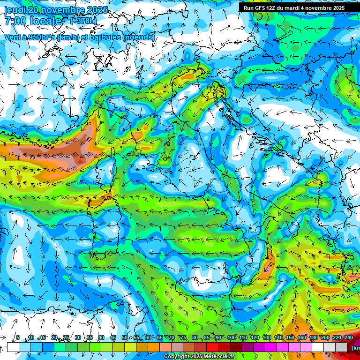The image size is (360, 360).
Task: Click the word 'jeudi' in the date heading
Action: pyautogui.click(x=15, y=10)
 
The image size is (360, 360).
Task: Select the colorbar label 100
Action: pyautogui.click(x=232, y=338)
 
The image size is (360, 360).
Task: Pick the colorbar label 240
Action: pyautogui.click(x=349, y=338)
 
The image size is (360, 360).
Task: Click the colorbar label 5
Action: pyautogui.click(x=18, y=338)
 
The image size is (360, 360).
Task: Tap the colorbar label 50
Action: pyautogui.click(x=125, y=338)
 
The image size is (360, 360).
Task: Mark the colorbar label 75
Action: pyautogui.click(x=183, y=338)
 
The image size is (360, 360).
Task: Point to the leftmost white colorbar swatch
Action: pyautogui.click(x=13, y=347)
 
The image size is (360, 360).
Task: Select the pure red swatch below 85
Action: pyautogui.click(x=212, y=347)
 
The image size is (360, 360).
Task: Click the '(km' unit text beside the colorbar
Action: pyautogui.click(x=355, y=348)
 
